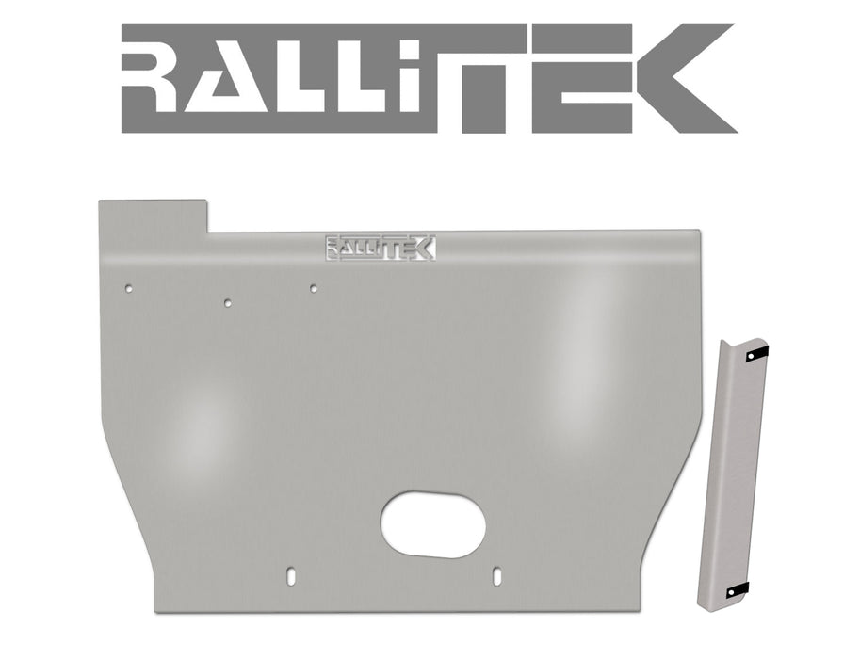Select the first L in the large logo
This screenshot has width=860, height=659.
(x=349, y=80)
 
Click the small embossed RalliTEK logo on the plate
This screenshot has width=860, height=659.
(x=380, y=247)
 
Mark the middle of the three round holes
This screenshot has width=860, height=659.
(x=227, y=303)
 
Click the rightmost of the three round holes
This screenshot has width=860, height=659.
(x=313, y=287)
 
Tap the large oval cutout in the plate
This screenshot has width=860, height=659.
(x=433, y=523)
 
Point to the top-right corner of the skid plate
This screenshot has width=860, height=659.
(x=697, y=232)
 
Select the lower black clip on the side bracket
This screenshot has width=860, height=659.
(x=738, y=589)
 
